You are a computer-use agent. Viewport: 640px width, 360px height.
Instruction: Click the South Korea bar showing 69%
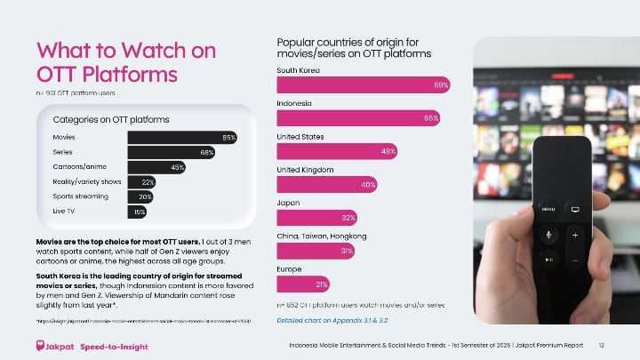pyautogui.click(x=364, y=84)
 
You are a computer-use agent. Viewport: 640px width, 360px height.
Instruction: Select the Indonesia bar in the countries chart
pyautogui.click(x=359, y=117)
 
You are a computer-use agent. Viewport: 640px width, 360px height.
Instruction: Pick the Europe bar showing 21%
pyautogui.click(x=304, y=284)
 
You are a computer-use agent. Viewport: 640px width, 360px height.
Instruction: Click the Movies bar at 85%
pyautogui.click(x=182, y=137)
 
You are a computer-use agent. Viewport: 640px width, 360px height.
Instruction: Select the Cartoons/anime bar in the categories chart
pyautogui.click(x=156, y=166)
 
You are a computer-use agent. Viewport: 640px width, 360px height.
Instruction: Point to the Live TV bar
pyautogui.click(x=137, y=212)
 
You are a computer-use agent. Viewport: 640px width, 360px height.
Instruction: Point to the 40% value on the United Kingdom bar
pyautogui.click(x=369, y=184)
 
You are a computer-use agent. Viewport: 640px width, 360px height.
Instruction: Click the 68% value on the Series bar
pyautogui.click(x=206, y=152)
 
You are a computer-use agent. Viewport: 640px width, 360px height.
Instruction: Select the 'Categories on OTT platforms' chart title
pyautogui.click(x=111, y=118)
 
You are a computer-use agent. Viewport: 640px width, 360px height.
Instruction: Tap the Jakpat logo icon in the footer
pyautogui.click(x=41, y=345)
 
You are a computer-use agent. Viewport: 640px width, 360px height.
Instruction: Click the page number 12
pyautogui.click(x=601, y=345)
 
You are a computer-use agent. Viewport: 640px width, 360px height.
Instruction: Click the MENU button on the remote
pyautogui.click(x=548, y=209)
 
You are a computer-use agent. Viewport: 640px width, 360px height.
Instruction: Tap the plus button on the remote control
pyautogui.click(x=574, y=234)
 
